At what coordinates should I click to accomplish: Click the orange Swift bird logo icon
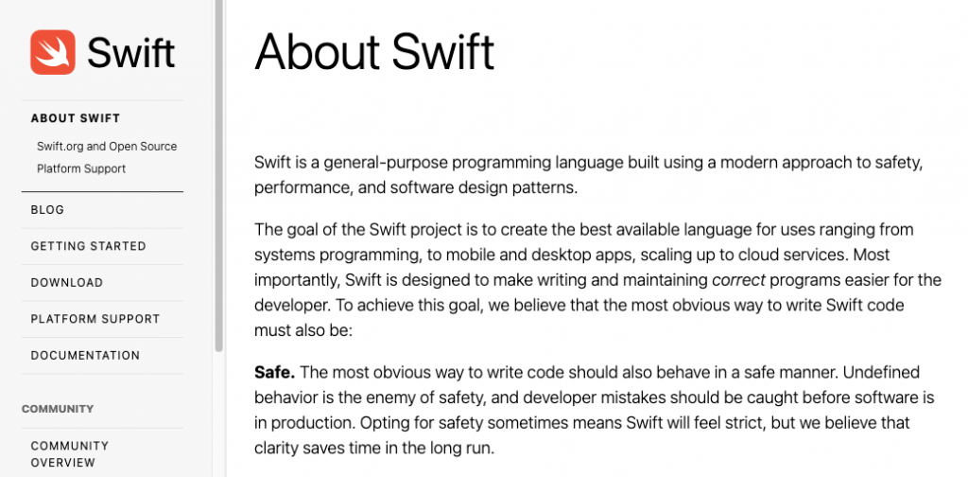click(53, 52)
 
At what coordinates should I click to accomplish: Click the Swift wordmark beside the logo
click(130, 52)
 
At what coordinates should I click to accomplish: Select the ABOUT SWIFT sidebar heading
click(76, 118)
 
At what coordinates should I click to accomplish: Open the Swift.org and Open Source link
click(107, 147)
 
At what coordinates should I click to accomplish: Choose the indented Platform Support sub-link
click(81, 168)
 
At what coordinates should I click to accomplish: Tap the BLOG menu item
click(47, 209)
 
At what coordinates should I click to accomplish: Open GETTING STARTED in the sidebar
click(88, 246)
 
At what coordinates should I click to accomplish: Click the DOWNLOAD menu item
click(67, 282)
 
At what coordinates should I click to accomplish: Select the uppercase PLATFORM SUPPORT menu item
click(95, 319)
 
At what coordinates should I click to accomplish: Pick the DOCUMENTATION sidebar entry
click(85, 355)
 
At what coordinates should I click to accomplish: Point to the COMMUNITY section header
click(58, 409)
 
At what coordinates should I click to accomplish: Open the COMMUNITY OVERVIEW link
click(70, 454)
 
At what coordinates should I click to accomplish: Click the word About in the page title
click(317, 52)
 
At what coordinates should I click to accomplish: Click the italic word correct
click(739, 280)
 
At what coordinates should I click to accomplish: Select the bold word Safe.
click(275, 373)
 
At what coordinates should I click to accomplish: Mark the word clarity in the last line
click(275, 448)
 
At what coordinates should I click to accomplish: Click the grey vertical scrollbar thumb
click(219, 176)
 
